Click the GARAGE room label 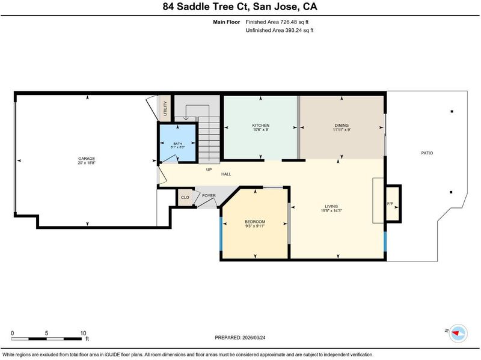point(87,159)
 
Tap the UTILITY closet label point(165,109)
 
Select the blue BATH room point(177,142)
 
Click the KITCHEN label point(261,125)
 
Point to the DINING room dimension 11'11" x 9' point(342,130)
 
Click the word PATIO point(427,153)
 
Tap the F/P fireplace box point(393,203)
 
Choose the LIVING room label point(331,206)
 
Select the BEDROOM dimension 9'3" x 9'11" point(255,226)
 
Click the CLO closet point(185,198)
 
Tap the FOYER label point(209,196)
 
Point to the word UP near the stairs point(209,169)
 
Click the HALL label point(226,174)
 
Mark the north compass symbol point(458,334)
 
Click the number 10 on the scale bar point(83,334)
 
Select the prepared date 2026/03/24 point(254,338)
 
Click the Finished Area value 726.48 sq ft point(294,22)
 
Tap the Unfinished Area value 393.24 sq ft point(299,30)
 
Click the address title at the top point(240,7)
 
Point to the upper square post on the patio point(452,112)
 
